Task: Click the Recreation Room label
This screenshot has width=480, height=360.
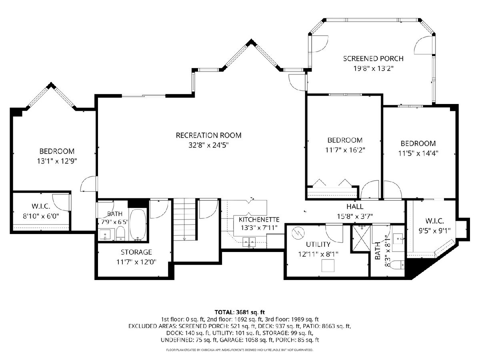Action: click(x=208, y=135)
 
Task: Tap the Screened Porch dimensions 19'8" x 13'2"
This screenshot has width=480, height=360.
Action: click(x=374, y=69)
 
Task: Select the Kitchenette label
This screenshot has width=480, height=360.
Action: click(x=259, y=220)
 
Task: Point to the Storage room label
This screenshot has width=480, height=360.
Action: click(x=136, y=252)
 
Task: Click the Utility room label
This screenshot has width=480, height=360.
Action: click(x=318, y=244)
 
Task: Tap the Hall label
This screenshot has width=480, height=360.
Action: click(x=355, y=206)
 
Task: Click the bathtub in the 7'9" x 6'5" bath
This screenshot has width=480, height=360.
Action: click(x=138, y=224)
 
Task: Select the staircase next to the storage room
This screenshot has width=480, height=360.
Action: click(x=184, y=219)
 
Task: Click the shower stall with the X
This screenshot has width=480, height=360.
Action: click(x=361, y=239)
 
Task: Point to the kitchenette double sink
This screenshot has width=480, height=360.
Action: click(x=249, y=242)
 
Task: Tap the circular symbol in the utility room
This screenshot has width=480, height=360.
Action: click(x=298, y=233)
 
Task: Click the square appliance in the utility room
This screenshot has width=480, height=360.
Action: click(x=328, y=265)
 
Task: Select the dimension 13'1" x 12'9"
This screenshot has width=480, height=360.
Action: click(x=57, y=161)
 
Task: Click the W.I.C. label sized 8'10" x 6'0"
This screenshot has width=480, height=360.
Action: click(x=41, y=206)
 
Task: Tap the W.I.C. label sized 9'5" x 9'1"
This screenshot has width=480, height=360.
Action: click(x=434, y=221)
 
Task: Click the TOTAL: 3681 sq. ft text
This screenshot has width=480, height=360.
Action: click(x=240, y=312)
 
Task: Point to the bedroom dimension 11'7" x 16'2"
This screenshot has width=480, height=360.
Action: click(x=345, y=150)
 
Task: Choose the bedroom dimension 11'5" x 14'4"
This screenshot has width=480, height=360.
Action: click(x=418, y=154)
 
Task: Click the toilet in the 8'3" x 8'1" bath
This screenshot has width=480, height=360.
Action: click(x=397, y=265)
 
